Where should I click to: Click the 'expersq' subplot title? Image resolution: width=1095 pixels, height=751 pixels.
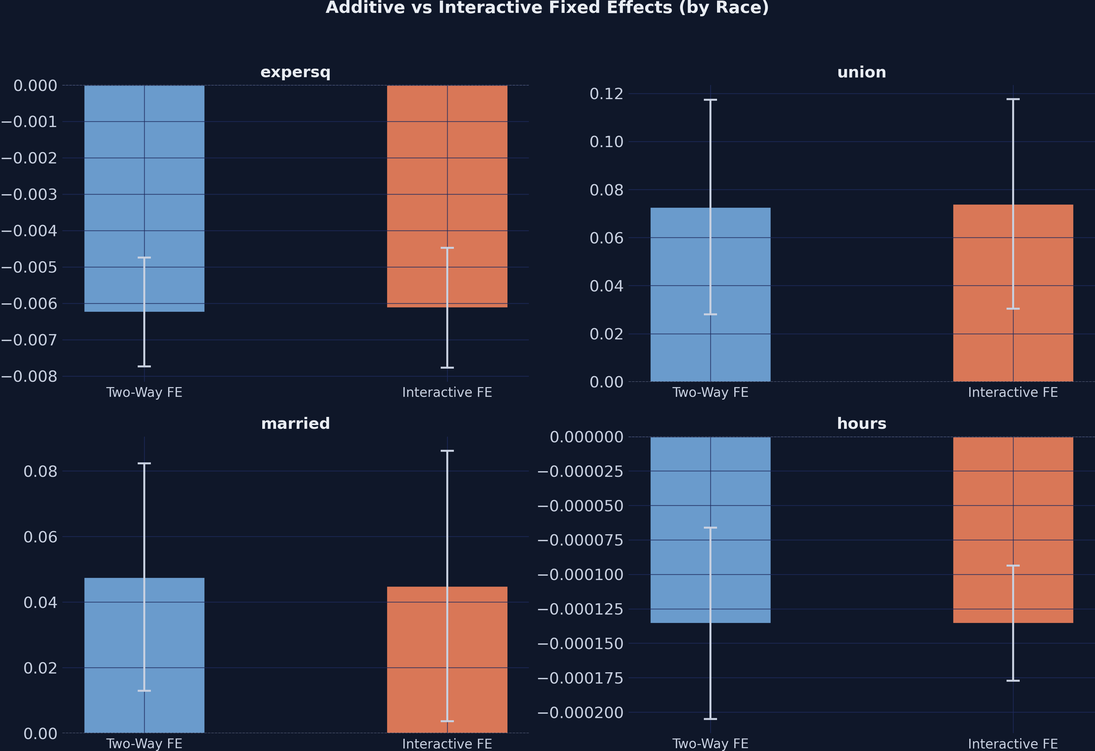pos(295,72)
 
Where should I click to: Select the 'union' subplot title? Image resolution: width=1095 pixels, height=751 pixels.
pos(861,72)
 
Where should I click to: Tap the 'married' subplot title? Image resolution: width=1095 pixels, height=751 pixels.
pos(295,423)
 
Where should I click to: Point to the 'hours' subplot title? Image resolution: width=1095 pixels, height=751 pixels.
pos(861,423)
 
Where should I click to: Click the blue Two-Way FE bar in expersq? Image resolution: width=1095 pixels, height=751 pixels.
pos(113,198)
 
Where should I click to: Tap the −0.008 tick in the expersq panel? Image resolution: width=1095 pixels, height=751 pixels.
pos(29,376)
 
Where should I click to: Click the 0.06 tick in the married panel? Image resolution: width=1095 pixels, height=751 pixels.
pos(40,537)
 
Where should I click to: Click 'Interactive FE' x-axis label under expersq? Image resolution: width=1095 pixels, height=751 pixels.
pos(447,392)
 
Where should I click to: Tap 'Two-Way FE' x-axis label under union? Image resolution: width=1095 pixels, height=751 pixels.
pos(710,392)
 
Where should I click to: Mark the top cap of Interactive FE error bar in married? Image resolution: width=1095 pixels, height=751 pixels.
pos(447,451)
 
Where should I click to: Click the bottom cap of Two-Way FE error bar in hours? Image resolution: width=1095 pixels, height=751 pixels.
pos(710,719)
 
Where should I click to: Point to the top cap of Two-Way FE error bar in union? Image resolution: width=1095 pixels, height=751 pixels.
pos(710,100)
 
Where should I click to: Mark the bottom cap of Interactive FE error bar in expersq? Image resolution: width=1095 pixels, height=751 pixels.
pos(447,367)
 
